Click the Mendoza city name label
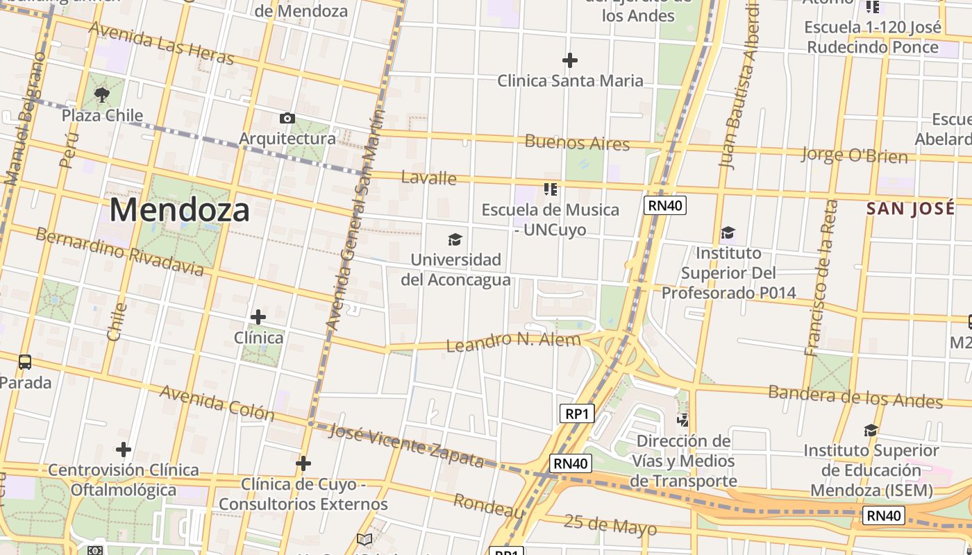pyautogui.click(x=179, y=210)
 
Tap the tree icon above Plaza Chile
pyautogui.click(x=102, y=94)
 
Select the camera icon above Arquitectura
pyautogui.click(x=287, y=119)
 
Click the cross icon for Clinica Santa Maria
pyautogui.click(x=570, y=60)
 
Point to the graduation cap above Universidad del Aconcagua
pyautogui.click(x=455, y=240)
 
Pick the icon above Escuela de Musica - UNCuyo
pyautogui.click(x=551, y=189)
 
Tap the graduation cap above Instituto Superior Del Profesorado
pyautogui.click(x=728, y=232)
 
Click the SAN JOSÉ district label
pyautogui.click(x=910, y=209)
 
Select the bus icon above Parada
pyautogui.click(x=25, y=361)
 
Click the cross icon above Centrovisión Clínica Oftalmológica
pyautogui.click(x=124, y=450)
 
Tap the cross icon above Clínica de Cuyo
pyautogui.click(x=303, y=463)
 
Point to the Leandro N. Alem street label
pyautogui.click(x=513, y=341)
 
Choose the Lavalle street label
pyautogui.click(x=429, y=178)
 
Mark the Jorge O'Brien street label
pyautogui.click(x=854, y=155)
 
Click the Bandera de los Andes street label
pyautogui.click(x=855, y=397)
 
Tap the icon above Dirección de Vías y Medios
pyautogui.click(x=684, y=420)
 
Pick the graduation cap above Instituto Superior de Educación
pyautogui.click(x=871, y=431)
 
